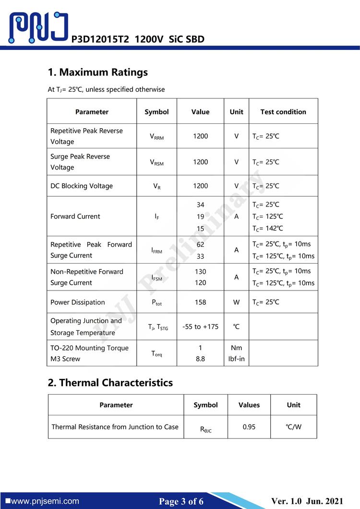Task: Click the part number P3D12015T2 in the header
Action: (x=100, y=39)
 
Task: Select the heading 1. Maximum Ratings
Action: (x=97, y=73)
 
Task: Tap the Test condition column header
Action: (x=283, y=112)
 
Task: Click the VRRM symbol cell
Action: (x=156, y=137)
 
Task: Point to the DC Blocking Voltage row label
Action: (x=82, y=186)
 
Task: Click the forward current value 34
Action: (x=200, y=205)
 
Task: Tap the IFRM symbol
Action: (x=156, y=251)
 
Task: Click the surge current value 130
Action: (x=200, y=271)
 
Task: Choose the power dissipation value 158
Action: (x=200, y=302)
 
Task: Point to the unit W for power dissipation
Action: (x=236, y=302)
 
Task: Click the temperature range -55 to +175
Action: (x=200, y=327)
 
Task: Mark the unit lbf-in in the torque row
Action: (x=236, y=359)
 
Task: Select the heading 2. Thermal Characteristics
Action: (x=110, y=383)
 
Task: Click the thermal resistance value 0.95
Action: (x=249, y=426)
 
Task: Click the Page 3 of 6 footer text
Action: (x=181, y=502)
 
